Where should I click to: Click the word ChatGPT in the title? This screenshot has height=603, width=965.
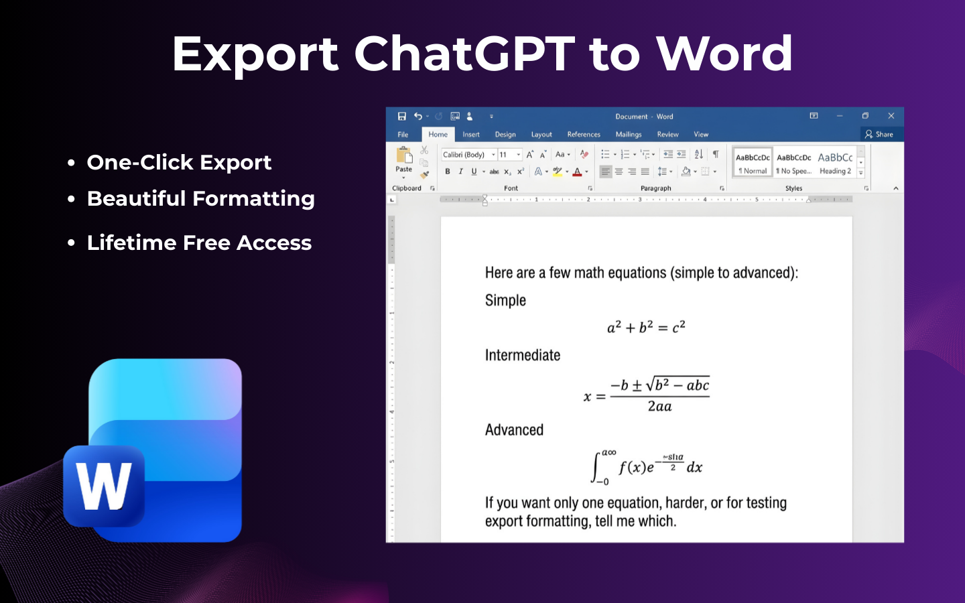pyautogui.click(x=464, y=54)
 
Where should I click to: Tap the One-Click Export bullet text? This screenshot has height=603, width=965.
pyautogui.click(x=179, y=162)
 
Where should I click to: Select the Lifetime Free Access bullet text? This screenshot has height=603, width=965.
pyautogui.click(x=199, y=243)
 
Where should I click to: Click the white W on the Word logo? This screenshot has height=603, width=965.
pyautogui.click(x=104, y=487)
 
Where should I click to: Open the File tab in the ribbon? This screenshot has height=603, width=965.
pyautogui.click(x=403, y=135)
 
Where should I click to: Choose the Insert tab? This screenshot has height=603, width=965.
pyautogui.click(x=470, y=135)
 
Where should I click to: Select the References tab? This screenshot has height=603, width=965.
pyautogui.click(x=583, y=135)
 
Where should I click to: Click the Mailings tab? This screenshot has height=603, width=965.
pyautogui.click(x=628, y=135)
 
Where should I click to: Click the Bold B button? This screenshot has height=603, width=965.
pyautogui.click(x=448, y=172)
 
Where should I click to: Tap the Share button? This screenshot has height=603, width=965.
pyautogui.click(x=879, y=135)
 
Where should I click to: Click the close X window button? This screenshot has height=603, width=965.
pyautogui.click(x=891, y=116)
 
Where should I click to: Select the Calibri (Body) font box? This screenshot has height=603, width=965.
pyautogui.click(x=465, y=155)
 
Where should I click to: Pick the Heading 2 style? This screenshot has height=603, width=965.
pyautogui.click(x=835, y=163)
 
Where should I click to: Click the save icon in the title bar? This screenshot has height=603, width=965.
pyautogui.click(x=402, y=116)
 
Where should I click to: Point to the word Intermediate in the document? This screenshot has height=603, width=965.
pyautogui.click(x=522, y=355)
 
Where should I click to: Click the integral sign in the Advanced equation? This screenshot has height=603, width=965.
pyautogui.click(x=596, y=467)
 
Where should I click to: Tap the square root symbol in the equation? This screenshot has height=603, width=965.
pyautogui.click(x=649, y=385)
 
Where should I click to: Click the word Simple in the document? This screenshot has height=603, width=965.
pyautogui.click(x=505, y=300)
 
